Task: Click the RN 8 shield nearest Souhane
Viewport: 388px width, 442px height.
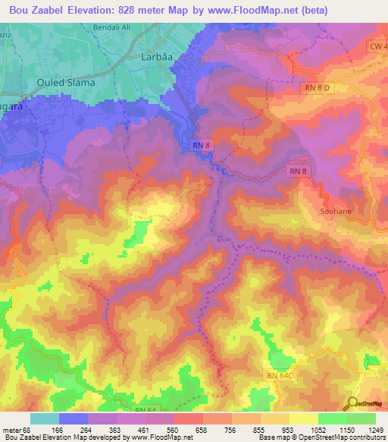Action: tap(298, 173)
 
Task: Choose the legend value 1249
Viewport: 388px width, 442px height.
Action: tap(376, 430)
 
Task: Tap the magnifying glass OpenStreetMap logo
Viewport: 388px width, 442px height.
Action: tap(352, 405)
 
